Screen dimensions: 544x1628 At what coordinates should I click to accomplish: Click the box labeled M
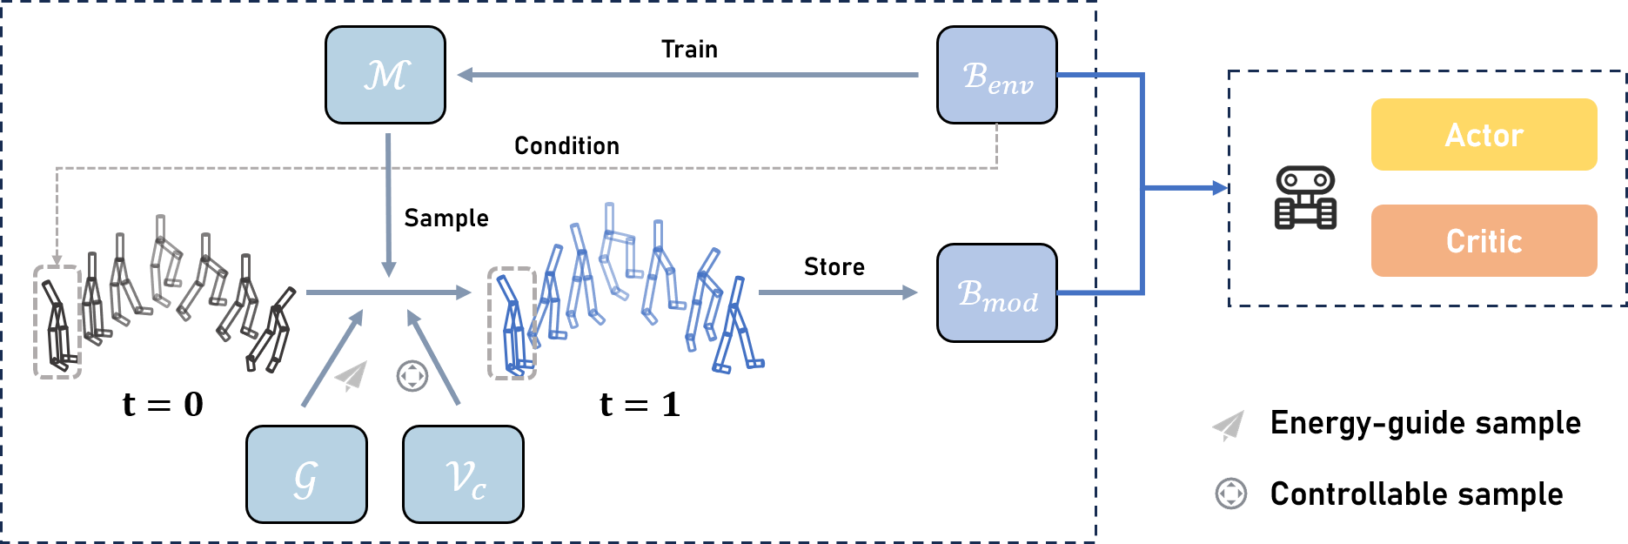[385, 75]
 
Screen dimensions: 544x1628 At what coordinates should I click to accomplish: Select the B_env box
[996, 75]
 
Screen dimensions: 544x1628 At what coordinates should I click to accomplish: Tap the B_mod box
[996, 292]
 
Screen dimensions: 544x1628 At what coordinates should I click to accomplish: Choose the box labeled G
[306, 474]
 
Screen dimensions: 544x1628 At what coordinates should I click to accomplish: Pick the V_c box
[463, 474]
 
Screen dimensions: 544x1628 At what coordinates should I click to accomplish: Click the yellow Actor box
[1484, 135]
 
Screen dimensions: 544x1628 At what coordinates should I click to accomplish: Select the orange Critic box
[1484, 241]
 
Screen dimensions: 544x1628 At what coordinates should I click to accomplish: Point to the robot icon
[1305, 198]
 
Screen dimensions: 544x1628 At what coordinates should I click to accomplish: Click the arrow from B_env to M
[687, 75]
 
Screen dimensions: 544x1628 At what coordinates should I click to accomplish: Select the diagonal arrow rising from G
[332, 359]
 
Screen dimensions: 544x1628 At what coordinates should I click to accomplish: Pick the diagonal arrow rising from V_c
[432, 359]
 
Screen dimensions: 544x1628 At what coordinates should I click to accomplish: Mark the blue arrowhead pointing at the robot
[1219, 187]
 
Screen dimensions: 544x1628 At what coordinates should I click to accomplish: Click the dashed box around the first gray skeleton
[57, 322]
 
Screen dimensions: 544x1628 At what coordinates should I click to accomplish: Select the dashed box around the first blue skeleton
[512, 323]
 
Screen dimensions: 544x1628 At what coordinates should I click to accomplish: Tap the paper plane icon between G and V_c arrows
[352, 375]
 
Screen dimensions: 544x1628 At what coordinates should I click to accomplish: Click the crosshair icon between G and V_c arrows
[412, 376]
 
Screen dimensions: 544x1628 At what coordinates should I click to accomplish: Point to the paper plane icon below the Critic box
[1229, 426]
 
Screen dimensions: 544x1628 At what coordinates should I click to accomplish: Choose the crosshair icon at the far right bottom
[1230, 494]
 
